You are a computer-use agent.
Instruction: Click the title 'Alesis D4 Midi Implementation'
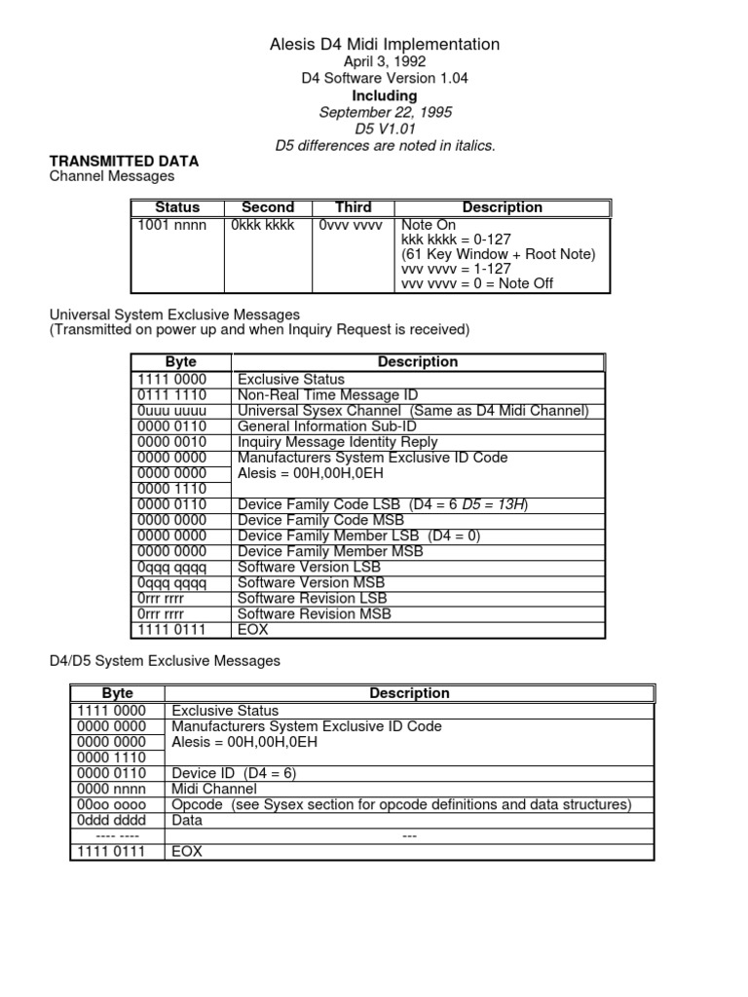point(384,44)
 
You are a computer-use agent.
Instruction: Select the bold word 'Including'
point(384,95)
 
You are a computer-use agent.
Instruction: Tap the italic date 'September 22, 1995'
point(384,112)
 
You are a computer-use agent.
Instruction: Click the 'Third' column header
point(353,207)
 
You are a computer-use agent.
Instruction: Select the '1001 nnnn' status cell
point(169,225)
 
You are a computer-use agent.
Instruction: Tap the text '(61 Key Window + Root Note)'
point(498,254)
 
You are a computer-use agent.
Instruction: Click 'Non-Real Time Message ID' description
point(327,395)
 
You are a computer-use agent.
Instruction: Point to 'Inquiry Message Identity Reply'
point(338,442)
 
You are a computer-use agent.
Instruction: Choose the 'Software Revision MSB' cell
point(315,614)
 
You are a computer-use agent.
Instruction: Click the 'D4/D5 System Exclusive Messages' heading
point(165,661)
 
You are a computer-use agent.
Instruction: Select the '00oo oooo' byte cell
point(110,804)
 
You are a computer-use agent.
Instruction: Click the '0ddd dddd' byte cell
point(110,820)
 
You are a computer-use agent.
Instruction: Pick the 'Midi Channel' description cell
point(214,789)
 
